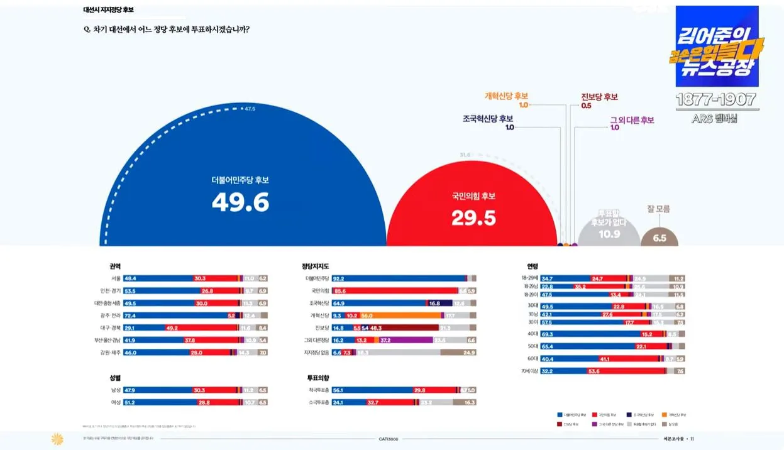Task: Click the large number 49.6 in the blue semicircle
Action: tap(240, 202)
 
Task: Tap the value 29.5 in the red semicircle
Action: tap(473, 218)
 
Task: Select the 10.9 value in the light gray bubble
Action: tap(609, 234)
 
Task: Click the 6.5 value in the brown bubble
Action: tap(660, 238)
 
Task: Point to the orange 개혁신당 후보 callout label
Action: tap(506, 96)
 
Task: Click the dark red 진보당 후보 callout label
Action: tap(599, 97)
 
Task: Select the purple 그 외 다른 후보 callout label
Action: tap(632, 120)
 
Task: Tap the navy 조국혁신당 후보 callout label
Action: tap(488, 118)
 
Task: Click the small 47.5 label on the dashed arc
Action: tap(250, 109)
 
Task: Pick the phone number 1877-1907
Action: tap(717, 99)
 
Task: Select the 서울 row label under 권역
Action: tap(115, 278)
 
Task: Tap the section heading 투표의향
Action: tap(317, 378)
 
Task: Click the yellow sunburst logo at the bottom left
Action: tap(58, 439)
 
